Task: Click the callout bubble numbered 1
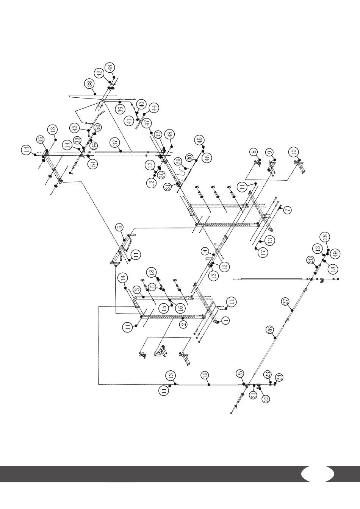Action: coord(225,321)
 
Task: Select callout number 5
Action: coord(120,226)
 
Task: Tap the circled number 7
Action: coord(288,210)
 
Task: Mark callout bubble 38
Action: coord(90,84)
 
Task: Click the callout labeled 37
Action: coord(116,143)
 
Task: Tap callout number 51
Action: coord(93,164)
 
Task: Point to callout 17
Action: coord(263,253)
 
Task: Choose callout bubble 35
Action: coord(41,139)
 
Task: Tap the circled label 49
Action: coord(336,253)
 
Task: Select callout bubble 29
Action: coord(179,163)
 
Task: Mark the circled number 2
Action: coord(183,323)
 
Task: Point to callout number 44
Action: coord(154,108)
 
